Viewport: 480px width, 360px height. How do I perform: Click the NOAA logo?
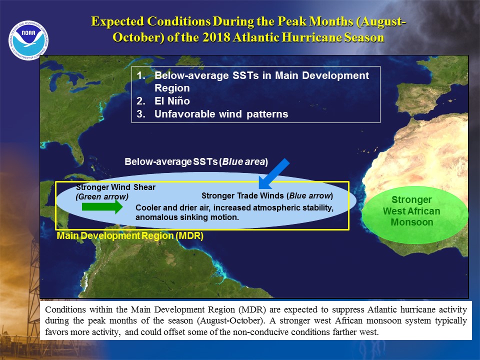pos(28,40)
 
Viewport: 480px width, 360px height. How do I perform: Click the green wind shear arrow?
pos(102,207)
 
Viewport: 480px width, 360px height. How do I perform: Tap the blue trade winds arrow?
pos(273,174)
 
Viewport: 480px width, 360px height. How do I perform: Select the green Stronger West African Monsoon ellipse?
pos(414,215)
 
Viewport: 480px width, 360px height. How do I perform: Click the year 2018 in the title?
pos(216,37)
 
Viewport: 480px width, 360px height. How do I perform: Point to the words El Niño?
pos(172,100)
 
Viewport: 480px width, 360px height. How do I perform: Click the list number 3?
pos(141,114)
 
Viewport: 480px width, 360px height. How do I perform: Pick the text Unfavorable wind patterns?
pos(221,114)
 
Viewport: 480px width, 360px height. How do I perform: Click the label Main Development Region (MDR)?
pos(130,235)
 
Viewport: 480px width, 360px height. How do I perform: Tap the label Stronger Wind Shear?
pos(115,187)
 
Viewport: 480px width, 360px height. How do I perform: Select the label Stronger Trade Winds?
pos(242,195)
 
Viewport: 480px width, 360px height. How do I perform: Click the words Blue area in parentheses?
pos(243,161)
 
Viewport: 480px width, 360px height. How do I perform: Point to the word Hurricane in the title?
pos(311,37)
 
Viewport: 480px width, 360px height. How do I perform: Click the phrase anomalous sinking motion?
pos(187,217)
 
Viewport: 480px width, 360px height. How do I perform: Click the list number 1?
pos(141,75)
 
